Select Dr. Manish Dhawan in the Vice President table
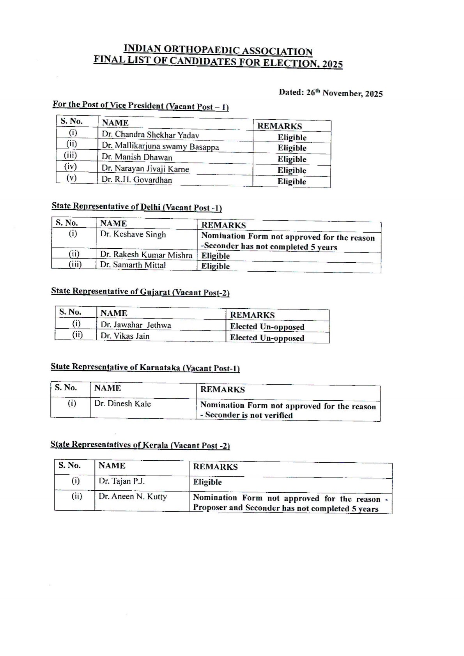[137, 157]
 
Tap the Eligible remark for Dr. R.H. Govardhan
[292, 181]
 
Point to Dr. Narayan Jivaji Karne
[145, 169]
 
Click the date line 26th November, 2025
[331, 93]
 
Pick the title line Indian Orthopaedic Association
[218, 50]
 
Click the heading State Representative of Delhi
[136, 207]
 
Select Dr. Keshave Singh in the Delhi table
[133, 234]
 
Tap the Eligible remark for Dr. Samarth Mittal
[215, 266]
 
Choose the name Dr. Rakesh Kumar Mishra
[146, 255]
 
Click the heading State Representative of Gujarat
[140, 292]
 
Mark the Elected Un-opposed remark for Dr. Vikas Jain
[267, 338]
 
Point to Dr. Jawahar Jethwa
[136, 325]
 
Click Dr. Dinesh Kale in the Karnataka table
[122, 404]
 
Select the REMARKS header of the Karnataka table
[223, 389]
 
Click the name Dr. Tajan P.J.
[122, 481]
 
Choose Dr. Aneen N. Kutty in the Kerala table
[133, 497]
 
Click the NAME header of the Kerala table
[112, 465]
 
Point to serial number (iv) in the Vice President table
[71, 167]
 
